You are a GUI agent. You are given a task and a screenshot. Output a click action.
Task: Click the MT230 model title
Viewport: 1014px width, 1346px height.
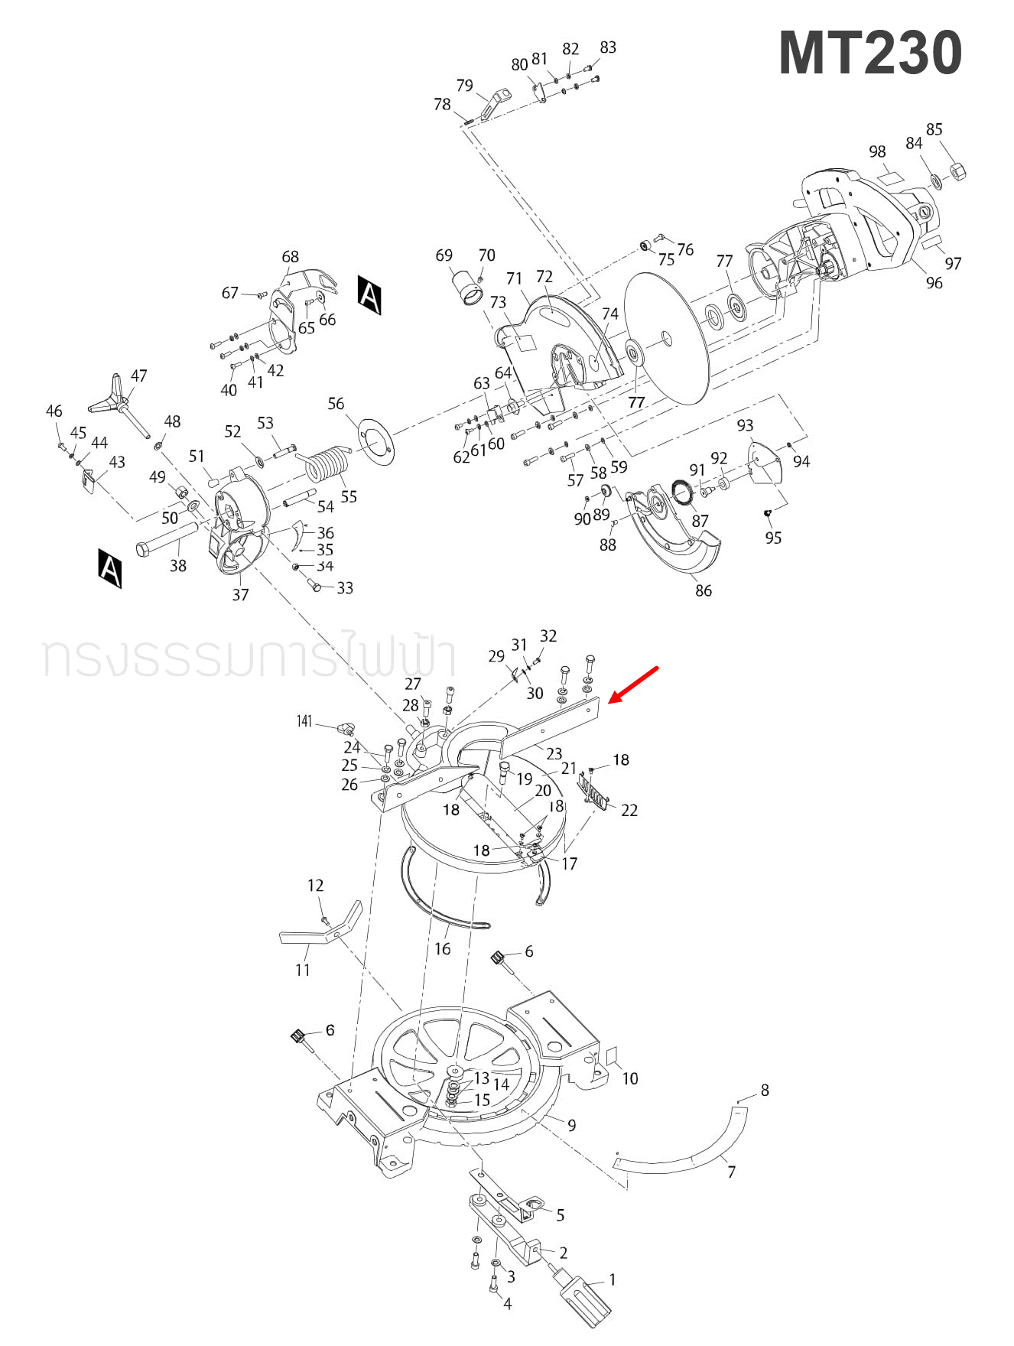(870, 54)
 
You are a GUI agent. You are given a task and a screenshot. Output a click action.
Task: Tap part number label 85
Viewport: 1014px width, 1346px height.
(934, 129)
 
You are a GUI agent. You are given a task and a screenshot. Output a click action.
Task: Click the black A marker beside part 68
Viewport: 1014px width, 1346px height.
(369, 295)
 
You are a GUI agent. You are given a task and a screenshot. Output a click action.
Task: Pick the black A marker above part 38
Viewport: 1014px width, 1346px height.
(110, 567)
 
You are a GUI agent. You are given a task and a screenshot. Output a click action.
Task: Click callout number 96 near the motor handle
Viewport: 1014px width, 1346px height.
(934, 283)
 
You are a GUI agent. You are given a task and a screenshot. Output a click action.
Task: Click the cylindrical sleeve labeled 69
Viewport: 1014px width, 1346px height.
(468, 288)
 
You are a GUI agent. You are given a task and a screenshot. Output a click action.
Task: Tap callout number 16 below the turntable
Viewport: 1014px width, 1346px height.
(442, 948)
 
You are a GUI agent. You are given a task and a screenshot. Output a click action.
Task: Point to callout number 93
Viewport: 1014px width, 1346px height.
(745, 425)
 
